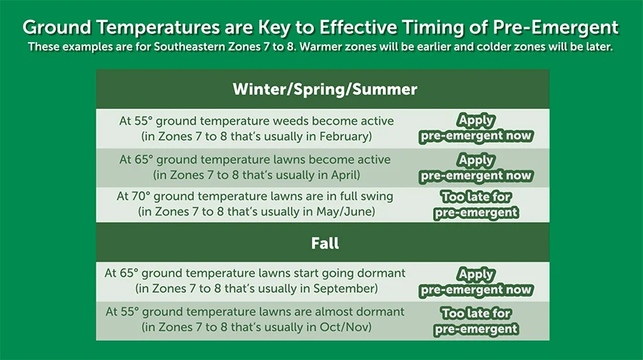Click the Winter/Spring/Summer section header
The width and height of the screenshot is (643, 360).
[324, 89]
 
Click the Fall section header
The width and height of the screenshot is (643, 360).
[324, 243]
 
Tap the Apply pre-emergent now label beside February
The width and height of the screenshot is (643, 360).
[476, 129]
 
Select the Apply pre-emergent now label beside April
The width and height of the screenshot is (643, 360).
[476, 168]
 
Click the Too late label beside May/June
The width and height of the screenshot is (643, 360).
[476, 204]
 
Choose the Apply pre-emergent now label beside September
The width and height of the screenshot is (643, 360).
[476, 282]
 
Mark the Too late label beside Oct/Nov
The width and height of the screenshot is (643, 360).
[476, 321]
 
